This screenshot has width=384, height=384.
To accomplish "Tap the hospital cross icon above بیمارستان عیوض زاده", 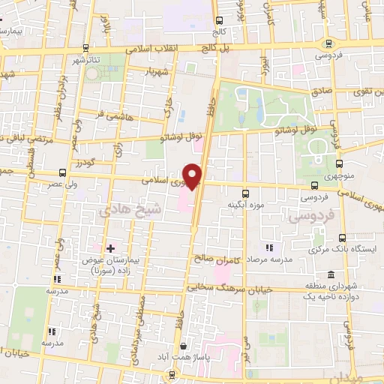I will tap(110, 247).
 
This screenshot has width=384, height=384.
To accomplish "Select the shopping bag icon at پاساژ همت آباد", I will tap(184, 346).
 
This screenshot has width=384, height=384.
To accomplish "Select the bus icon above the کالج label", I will tap(219, 21).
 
